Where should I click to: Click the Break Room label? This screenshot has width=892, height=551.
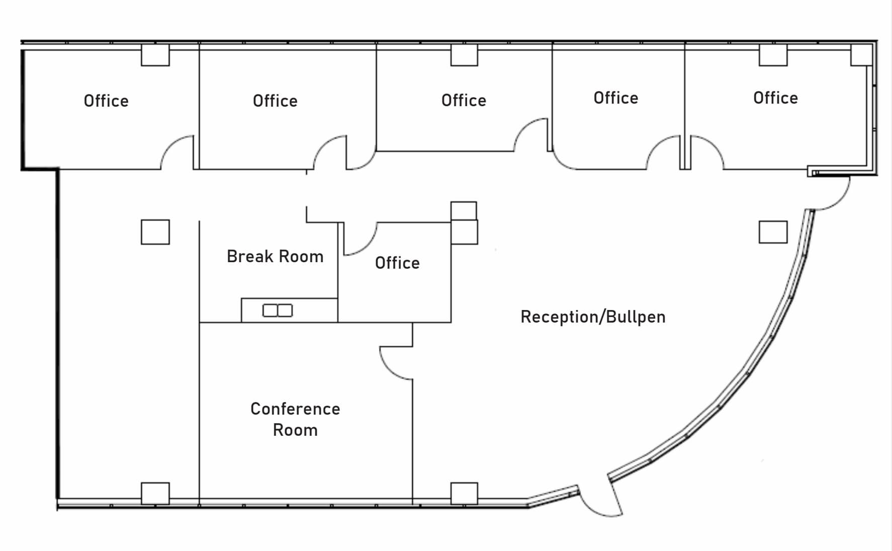(275, 257)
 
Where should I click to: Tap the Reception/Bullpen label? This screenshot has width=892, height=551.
(593, 317)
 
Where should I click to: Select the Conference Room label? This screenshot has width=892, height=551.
(295, 419)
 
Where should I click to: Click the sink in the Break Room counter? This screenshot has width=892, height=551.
(277, 310)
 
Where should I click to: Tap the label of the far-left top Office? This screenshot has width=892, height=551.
(106, 101)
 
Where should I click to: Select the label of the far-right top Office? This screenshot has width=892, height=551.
(775, 98)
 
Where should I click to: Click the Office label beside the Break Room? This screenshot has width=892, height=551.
(397, 263)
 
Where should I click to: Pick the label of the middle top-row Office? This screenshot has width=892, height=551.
(464, 101)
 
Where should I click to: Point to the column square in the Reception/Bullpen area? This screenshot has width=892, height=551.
(773, 232)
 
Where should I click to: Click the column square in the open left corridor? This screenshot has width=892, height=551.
(155, 232)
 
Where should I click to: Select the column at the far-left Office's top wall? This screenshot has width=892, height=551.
(155, 55)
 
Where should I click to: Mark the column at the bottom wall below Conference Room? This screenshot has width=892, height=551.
(464, 493)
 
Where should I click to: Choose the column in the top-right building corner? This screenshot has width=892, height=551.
(861, 55)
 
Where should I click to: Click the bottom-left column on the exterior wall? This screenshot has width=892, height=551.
(155, 493)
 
